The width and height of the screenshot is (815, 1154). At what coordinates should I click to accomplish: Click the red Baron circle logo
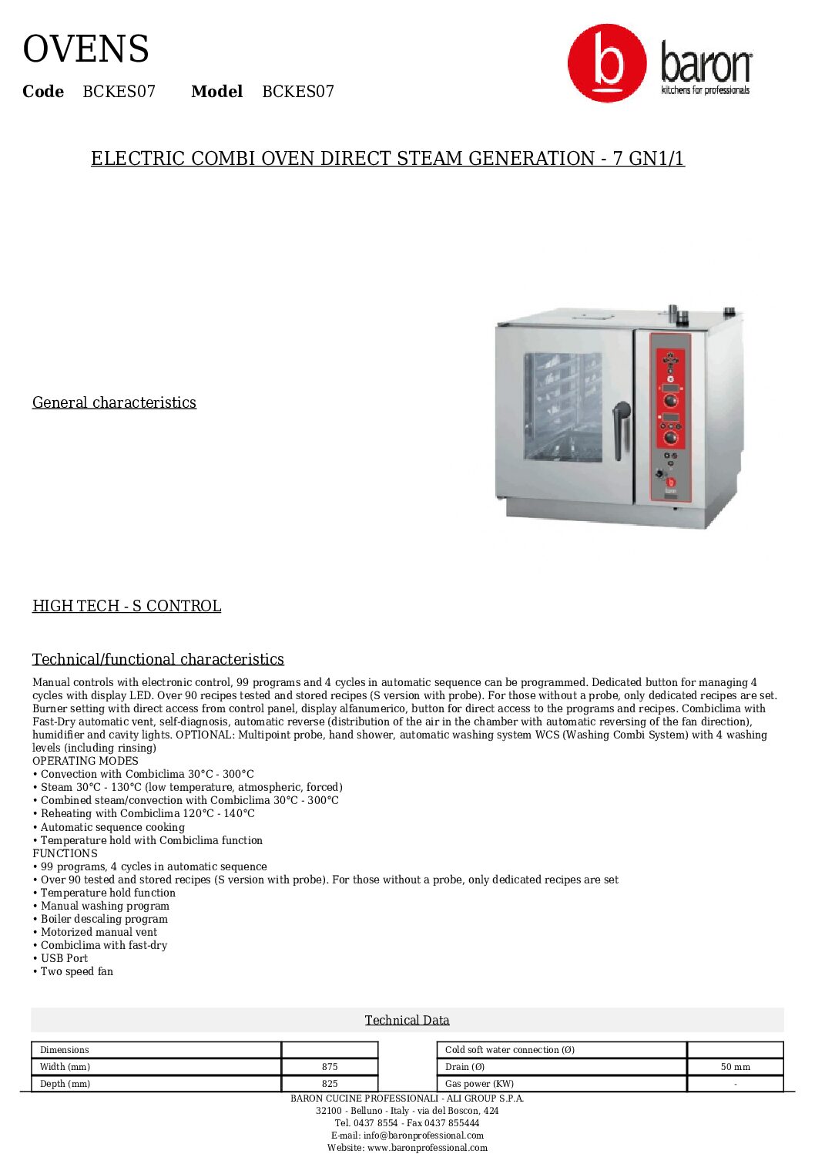[x=607, y=62]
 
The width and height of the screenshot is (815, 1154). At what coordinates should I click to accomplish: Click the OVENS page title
[x=86, y=49]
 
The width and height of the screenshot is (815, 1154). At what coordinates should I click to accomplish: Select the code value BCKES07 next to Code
[x=119, y=92]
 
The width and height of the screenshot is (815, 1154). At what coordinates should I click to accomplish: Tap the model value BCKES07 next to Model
[x=298, y=92]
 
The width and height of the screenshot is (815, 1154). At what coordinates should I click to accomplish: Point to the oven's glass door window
[x=562, y=406]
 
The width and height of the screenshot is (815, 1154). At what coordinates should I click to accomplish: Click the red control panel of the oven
[x=670, y=416]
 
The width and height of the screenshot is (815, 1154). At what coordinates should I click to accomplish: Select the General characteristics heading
[x=114, y=402]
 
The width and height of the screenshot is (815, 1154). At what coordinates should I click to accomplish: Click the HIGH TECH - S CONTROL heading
[x=126, y=606]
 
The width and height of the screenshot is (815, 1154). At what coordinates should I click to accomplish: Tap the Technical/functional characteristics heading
[x=158, y=659]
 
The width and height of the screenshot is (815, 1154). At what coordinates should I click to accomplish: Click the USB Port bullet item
[x=64, y=958]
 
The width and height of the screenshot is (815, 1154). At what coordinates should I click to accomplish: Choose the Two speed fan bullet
[x=76, y=971]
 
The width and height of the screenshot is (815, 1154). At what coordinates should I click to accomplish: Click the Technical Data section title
[x=407, y=1020]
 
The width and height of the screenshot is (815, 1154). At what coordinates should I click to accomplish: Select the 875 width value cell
[x=330, y=1067]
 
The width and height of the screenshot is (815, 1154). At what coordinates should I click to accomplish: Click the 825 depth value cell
[x=330, y=1083]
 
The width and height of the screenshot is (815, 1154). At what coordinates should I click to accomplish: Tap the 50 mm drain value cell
[x=735, y=1067]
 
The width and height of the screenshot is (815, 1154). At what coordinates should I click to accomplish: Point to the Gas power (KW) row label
[x=479, y=1083]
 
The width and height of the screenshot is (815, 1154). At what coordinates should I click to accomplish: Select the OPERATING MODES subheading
[x=86, y=761]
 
